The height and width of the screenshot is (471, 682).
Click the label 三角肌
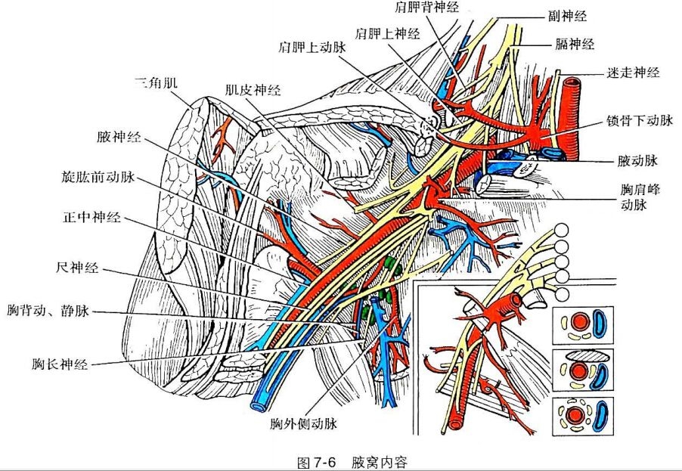coord(156,82)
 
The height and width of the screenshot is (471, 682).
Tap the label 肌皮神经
coord(253,91)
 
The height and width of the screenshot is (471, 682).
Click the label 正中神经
coord(91,221)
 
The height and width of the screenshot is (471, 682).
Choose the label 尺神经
coord(76,268)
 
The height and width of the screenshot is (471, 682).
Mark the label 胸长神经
coord(60,364)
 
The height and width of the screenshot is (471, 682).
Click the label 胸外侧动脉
coord(302,424)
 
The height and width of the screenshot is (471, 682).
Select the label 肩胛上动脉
coord(312,45)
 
